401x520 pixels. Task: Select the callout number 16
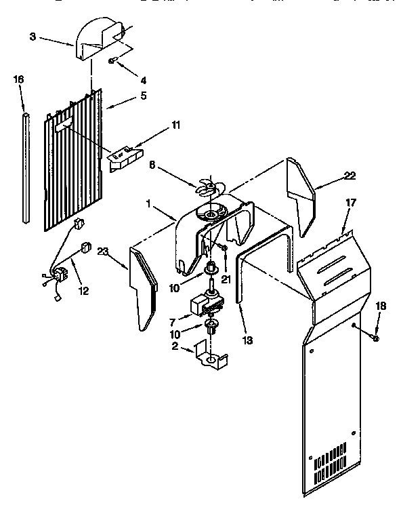pyautogui.click(x=19, y=79)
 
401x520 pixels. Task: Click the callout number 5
pyautogui.click(x=143, y=96)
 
